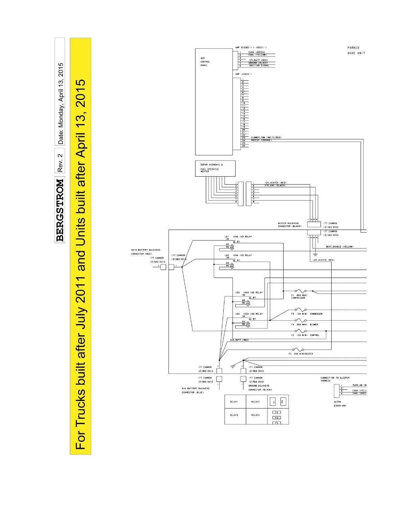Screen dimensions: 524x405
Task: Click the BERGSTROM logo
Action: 60,210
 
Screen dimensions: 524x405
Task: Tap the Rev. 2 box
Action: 60,162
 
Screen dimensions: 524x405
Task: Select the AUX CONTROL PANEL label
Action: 205,62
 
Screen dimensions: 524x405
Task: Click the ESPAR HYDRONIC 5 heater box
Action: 215,168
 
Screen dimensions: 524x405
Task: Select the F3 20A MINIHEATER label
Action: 300,354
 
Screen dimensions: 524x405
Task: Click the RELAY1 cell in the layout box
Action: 234,402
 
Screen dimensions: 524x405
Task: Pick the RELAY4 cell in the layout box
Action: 255,415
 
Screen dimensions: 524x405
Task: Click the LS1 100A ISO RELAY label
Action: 238,237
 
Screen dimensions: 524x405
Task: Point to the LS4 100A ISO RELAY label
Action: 249,314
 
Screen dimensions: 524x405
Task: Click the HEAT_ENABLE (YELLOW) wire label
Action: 339,246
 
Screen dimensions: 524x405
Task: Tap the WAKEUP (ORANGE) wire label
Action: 261,140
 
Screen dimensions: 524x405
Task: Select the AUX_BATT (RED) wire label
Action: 239,340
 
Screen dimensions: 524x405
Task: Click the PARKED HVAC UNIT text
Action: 356,50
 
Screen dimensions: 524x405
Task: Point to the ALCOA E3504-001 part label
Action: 340,404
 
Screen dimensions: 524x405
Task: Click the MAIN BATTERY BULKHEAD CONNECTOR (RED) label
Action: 146,252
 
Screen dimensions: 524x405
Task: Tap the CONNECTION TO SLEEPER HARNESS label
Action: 335,379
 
